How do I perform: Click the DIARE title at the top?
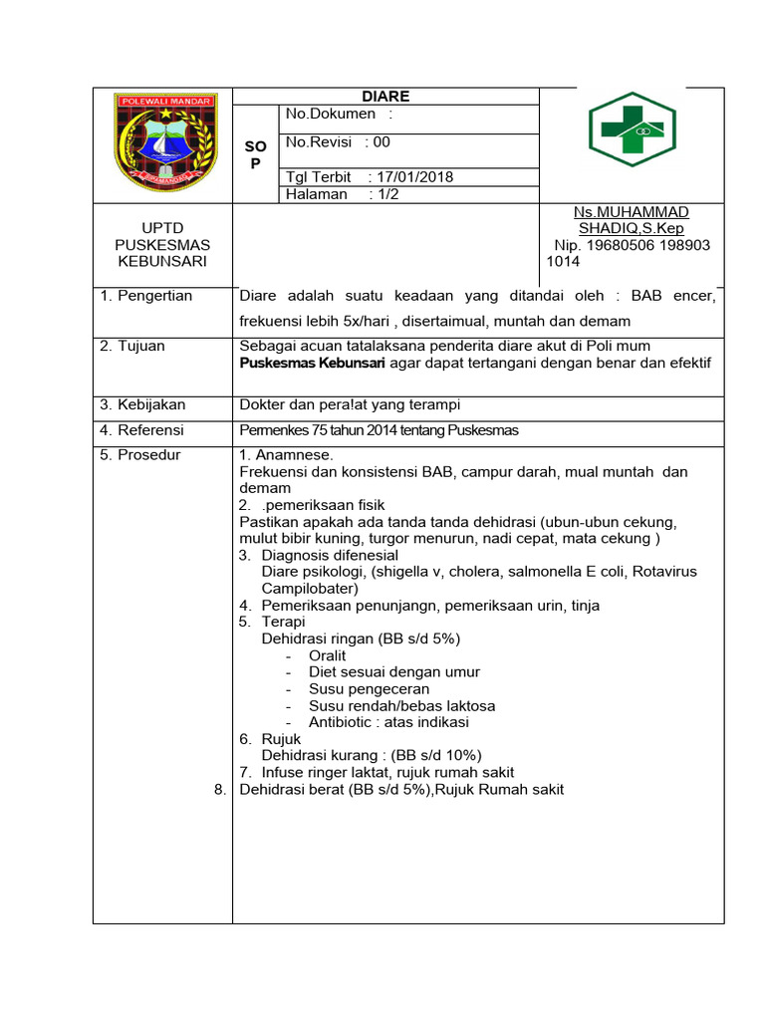pyautogui.click(x=385, y=97)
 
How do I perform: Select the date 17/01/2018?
pyautogui.click(x=415, y=177)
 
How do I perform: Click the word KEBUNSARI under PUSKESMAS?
pyautogui.click(x=162, y=261)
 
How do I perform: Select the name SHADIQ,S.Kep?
pyautogui.click(x=631, y=228)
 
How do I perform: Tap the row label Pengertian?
pyautogui.click(x=154, y=296)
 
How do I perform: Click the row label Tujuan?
pyautogui.click(x=141, y=346)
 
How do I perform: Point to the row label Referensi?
pyautogui.click(x=151, y=430)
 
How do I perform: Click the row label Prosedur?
pyautogui.click(x=149, y=455)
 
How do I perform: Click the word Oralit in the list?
pyautogui.click(x=328, y=656)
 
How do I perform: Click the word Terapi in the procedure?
pyautogui.click(x=283, y=622)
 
